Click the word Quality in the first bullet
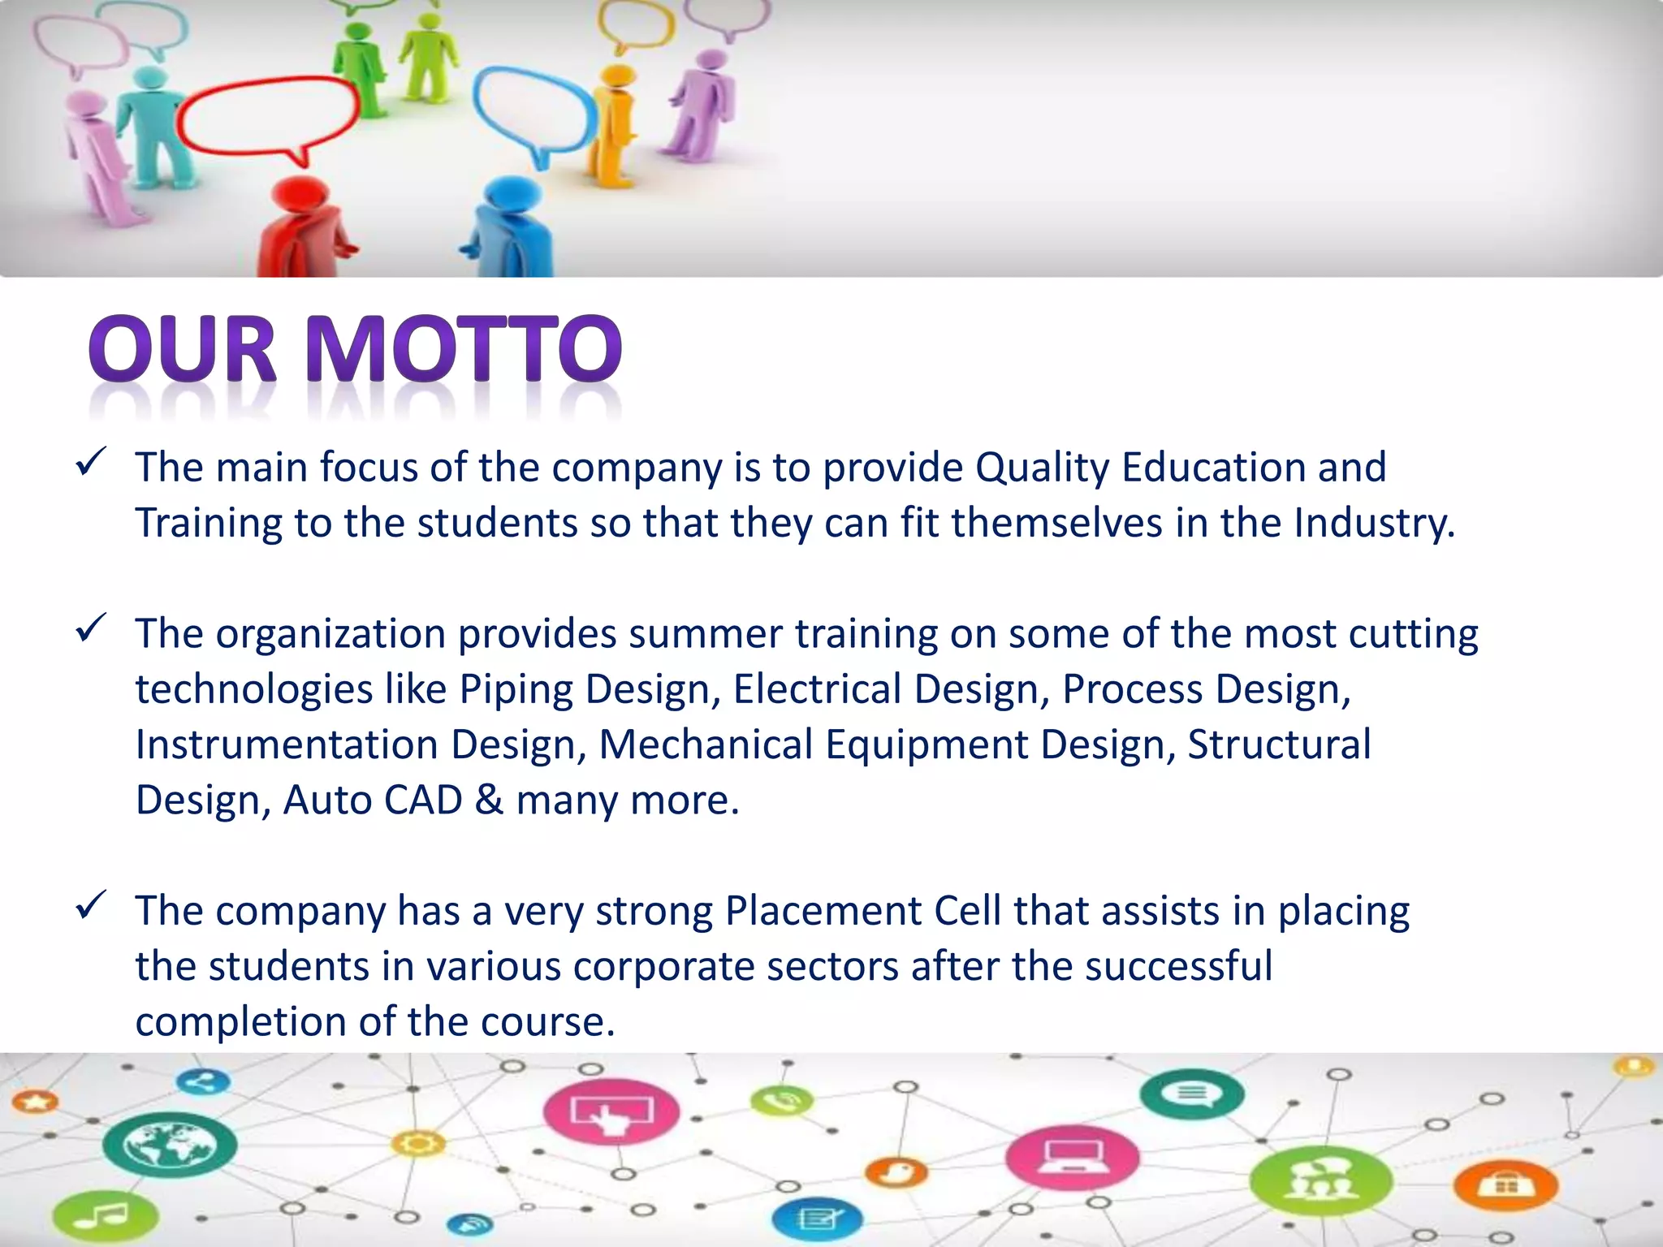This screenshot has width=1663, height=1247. pyautogui.click(x=1041, y=468)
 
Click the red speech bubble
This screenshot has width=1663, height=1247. pyautogui.click(x=268, y=119)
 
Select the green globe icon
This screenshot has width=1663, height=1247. pyautogui.click(x=170, y=1145)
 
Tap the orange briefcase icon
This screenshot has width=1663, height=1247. pyautogui.click(x=1507, y=1186)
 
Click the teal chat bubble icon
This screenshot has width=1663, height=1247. pyautogui.click(x=1191, y=1093)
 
